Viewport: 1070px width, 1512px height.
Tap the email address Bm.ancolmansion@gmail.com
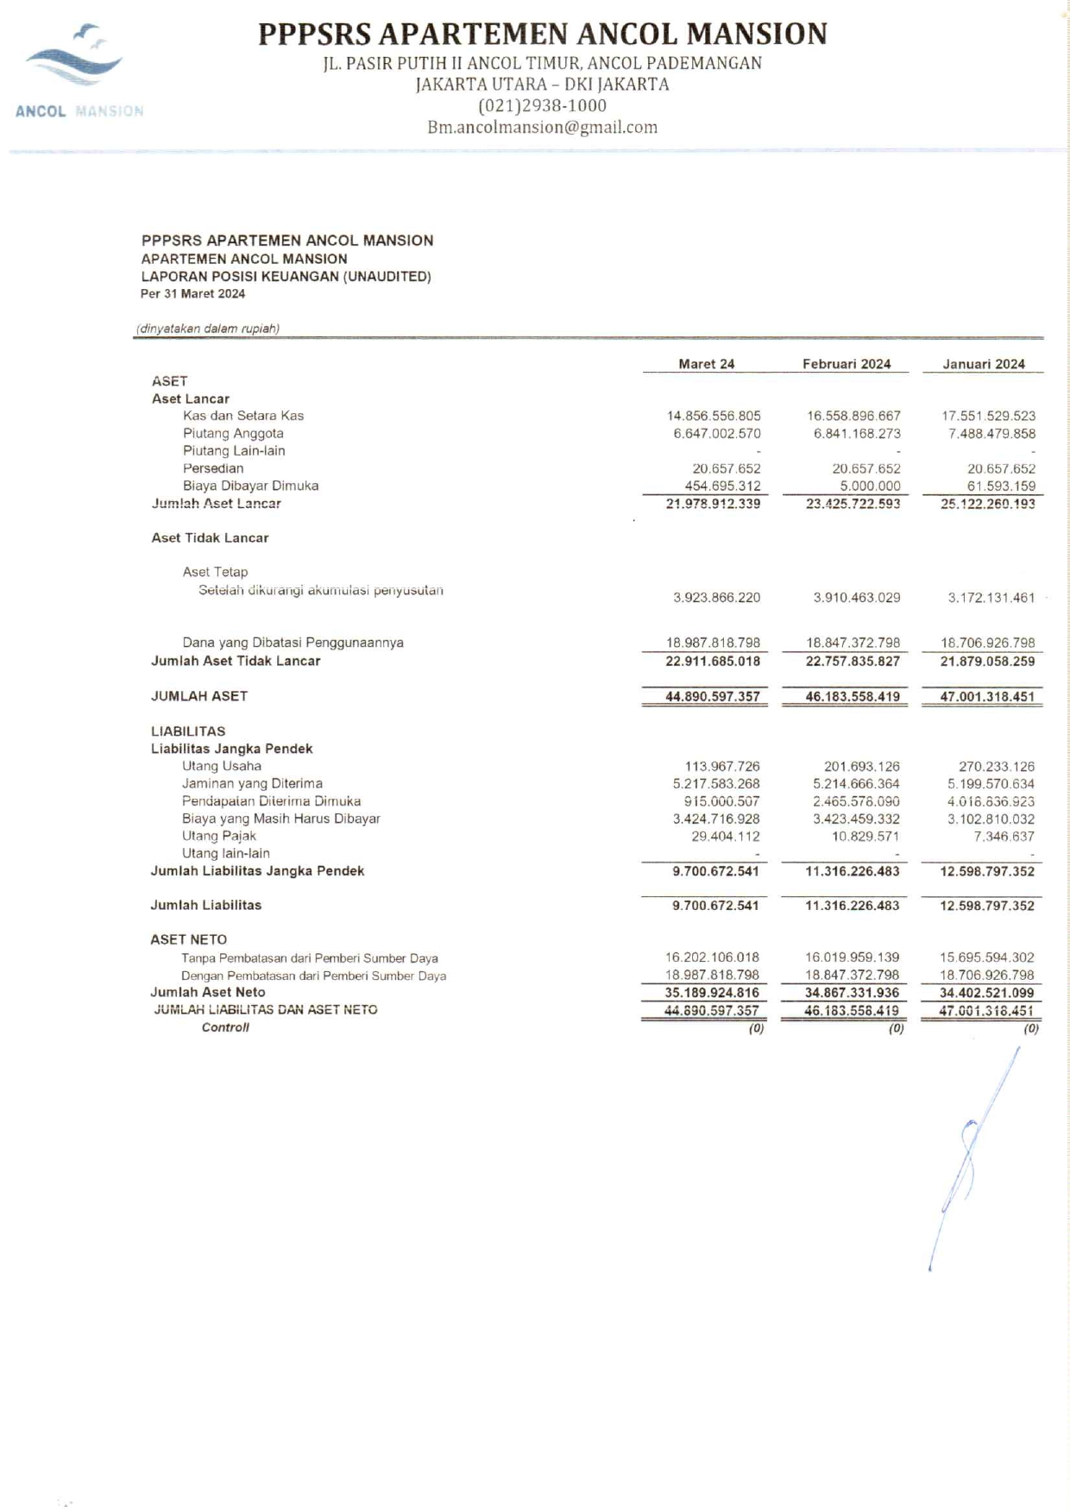point(542,128)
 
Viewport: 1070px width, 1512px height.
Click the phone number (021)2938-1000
point(542,106)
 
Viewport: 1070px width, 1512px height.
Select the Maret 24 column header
point(706,364)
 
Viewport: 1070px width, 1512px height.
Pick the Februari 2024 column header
point(846,364)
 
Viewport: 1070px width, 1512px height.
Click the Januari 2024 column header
point(983,364)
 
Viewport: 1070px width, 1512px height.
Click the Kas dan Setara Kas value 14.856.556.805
point(714,416)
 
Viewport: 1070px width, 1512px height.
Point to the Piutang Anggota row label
point(233,433)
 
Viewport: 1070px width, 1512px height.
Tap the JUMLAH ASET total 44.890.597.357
point(712,696)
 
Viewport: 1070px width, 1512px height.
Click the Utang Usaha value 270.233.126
point(996,766)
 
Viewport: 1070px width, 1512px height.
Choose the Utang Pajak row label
point(218,836)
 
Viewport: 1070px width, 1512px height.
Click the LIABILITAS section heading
point(188,731)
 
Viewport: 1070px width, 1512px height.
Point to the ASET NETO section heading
point(188,939)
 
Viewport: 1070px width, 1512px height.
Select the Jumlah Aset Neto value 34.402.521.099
point(986,993)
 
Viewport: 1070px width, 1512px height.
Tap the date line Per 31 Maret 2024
point(192,294)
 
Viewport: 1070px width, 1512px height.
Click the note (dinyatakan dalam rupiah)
point(208,329)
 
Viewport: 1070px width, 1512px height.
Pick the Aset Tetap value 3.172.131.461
point(991,598)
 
